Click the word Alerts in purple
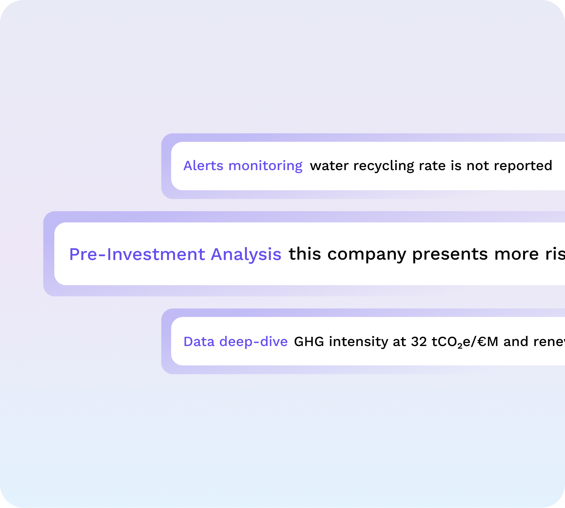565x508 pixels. [x=203, y=166]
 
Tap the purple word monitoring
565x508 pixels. [x=265, y=166]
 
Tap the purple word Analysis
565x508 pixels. [x=246, y=254]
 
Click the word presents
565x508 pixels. [x=450, y=254]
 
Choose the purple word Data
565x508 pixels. [x=199, y=342]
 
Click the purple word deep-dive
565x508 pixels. [x=253, y=342]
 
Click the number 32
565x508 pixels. [x=419, y=342]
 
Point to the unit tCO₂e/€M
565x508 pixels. [x=465, y=342]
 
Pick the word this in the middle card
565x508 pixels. [x=305, y=254]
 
